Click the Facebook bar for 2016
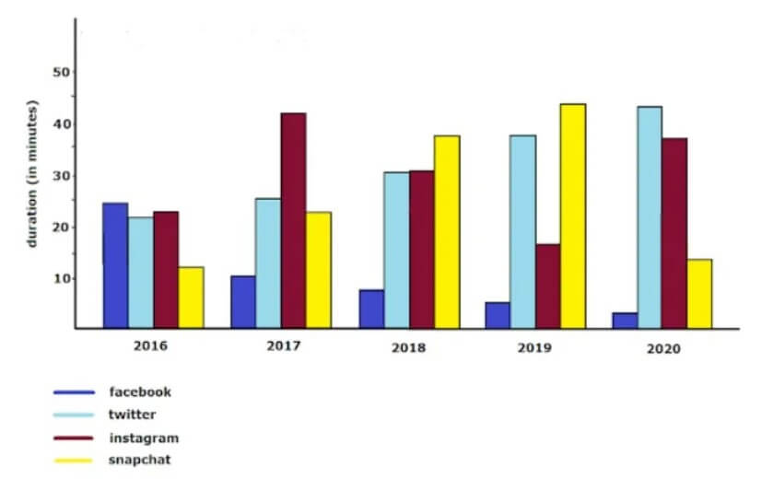(115, 265)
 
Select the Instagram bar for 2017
(294, 220)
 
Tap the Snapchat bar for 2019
(572, 216)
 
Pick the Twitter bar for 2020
(649, 217)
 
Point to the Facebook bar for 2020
(625, 321)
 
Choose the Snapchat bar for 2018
(446, 231)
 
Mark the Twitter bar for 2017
(268, 263)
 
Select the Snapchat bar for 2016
(191, 297)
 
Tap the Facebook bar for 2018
(370, 309)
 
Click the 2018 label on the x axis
(408, 350)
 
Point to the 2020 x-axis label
(662, 350)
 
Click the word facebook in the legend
(140, 391)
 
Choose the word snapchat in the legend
(140, 459)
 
